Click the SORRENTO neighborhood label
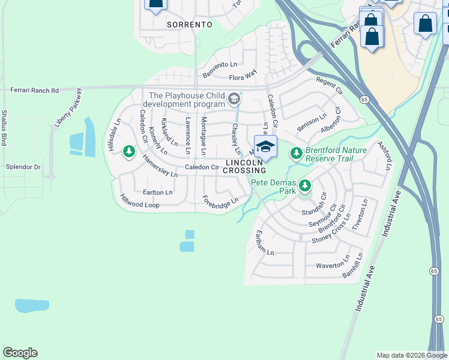coord(189,25)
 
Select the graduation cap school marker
coord(265,146)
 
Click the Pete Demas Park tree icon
coord(306,185)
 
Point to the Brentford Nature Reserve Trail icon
coord(296,154)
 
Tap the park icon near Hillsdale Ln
coord(128,151)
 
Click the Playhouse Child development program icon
coord(234,98)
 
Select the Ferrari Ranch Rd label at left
coord(35,90)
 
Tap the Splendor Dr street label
coord(23,166)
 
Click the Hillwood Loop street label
coord(139,202)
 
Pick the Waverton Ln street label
coord(333,264)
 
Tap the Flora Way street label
coord(243,77)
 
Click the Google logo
coord(20,353)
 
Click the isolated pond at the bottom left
coord(32,305)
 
